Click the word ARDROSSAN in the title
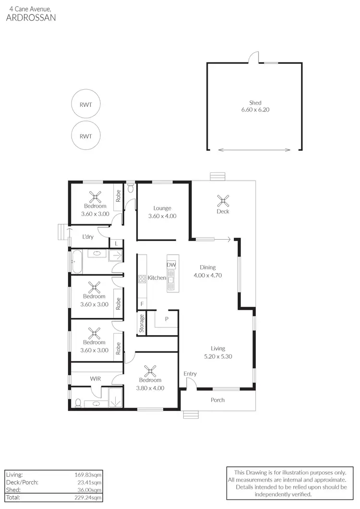pos(30,17)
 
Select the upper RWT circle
pos(85,104)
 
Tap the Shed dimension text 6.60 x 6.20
pos(255,109)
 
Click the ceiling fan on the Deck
pos(223,199)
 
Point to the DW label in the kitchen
pos(171,265)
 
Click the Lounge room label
pos(162,208)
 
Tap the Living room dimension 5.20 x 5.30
pos(217,356)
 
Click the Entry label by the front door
pos(190,374)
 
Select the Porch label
pos(217,400)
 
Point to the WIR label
pos(95,379)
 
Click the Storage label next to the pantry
pos(142,324)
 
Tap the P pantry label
pos(167,319)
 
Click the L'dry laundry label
pos(88,237)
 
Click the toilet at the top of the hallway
pos(131,187)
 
